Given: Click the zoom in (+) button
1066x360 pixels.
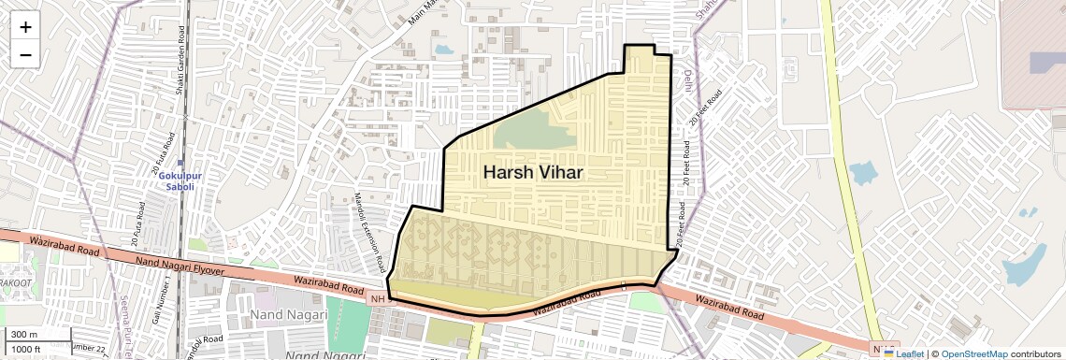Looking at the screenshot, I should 25,27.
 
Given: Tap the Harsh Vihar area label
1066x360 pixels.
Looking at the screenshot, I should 533,173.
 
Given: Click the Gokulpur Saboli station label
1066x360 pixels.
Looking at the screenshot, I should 174,180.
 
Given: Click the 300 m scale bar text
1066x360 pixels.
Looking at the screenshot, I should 24,335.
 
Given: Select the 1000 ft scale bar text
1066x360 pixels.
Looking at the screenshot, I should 26,349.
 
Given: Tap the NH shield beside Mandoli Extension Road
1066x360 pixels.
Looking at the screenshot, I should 378,299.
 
